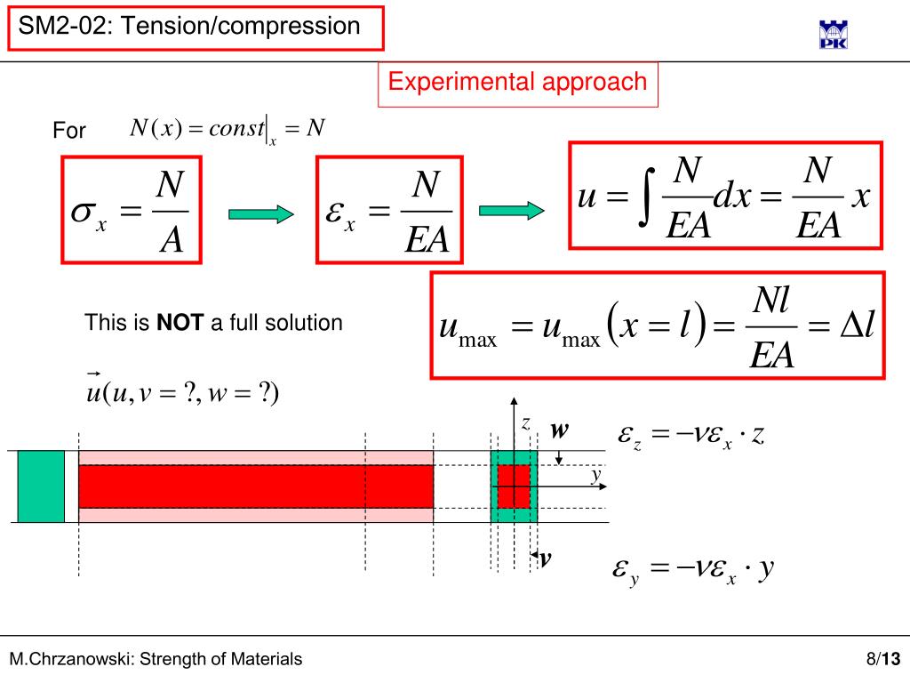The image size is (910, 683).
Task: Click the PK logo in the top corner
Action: pyautogui.click(x=833, y=34)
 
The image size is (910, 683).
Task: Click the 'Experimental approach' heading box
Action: pyautogui.click(x=518, y=84)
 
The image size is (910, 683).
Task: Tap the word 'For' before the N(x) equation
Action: pyautogui.click(x=69, y=131)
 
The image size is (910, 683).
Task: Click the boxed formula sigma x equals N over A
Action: pyautogui.click(x=132, y=210)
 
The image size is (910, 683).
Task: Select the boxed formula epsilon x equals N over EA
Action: pyautogui.click(x=390, y=210)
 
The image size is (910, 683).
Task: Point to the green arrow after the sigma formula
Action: pyautogui.click(x=260, y=213)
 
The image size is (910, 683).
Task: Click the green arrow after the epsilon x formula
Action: pyautogui.click(x=511, y=211)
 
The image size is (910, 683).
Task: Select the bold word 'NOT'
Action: pyautogui.click(x=181, y=323)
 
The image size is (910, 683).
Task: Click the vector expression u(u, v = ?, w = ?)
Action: pyautogui.click(x=182, y=391)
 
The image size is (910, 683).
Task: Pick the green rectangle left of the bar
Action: pyautogui.click(x=41, y=486)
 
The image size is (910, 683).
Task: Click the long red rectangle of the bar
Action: pyautogui.click(x=256, y=486)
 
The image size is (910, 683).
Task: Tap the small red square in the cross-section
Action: pyautogui.click(x=514, y=486)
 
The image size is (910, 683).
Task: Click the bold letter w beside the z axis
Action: pyautogui.click(x=559, y=430)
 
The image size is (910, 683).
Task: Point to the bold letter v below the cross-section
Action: pyautogui.click(x=546, y=558)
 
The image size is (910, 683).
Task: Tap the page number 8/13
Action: pyautogui.click(x=883, y=659)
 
